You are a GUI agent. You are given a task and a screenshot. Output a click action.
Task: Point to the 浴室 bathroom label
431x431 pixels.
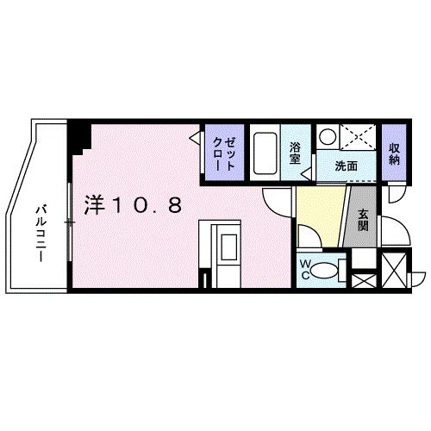point(296,153)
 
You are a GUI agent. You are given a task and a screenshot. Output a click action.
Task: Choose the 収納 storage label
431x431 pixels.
point(395,153)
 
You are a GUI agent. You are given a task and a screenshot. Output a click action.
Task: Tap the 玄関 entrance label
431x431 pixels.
point(363,221)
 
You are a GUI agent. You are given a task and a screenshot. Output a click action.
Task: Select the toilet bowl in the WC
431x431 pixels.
point(327,270)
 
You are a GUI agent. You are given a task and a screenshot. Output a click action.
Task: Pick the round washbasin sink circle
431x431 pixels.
point(328,136)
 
